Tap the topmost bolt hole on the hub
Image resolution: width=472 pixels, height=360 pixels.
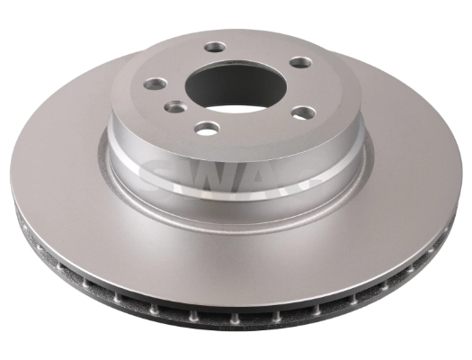213,47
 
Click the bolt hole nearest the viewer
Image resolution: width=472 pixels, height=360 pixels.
208,128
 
